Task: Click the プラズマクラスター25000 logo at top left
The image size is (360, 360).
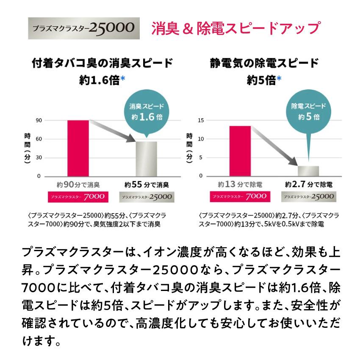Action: point(84,28)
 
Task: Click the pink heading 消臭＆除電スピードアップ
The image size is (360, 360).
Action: point(235,28)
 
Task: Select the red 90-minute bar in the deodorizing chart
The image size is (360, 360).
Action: point(78,148)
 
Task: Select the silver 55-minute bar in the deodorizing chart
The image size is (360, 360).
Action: point(146,158)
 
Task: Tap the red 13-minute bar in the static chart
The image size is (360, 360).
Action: point(240,150)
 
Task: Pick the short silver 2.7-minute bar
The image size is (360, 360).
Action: point(308,171)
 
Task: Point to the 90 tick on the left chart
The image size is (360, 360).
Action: point(39,120)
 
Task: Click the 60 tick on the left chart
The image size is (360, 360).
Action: point(39,139)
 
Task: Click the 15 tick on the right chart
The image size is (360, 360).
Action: point(201,120)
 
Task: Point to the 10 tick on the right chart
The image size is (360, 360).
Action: point(201,139)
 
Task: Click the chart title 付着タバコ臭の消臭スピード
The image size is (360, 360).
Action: point(102,64)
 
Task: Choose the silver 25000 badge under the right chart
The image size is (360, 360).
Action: point(308,197)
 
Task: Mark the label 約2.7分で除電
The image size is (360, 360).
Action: point(308,185)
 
